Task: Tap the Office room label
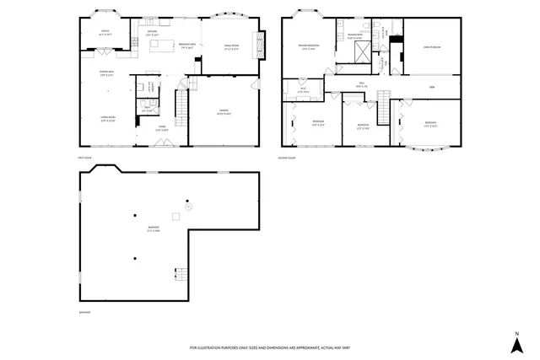(x=105, y=34)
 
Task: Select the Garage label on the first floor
(x=223, y=111)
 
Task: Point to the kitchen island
(x=157, y=56)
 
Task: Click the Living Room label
(x=107, y=118)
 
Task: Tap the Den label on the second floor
(x=431, y=87)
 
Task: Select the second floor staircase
(x=383, y=105)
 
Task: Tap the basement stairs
(x=179, y=274)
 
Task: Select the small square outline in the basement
(x=176, y=217)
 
